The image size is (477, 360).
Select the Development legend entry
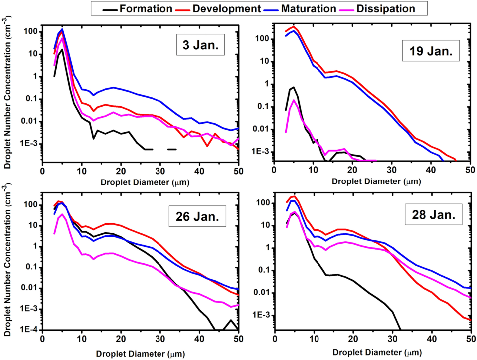[228, 8]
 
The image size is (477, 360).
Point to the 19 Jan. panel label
[430, 54]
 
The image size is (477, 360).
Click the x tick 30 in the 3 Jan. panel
[160, 170]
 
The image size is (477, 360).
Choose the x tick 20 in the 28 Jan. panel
[353, 339]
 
